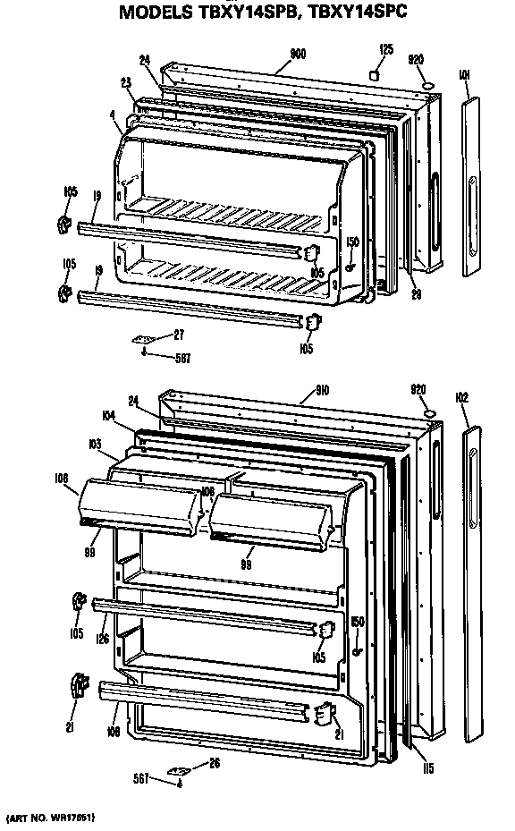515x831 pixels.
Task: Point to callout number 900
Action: [x=297, y=54]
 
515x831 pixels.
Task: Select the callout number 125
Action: [x=385, y=49]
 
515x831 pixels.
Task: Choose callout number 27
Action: [x=180, y=335]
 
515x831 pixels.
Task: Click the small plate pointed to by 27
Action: [x=146, y=339]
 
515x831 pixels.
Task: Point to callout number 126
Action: [x=104, y=638]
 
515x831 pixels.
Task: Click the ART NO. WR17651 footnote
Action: [x=52, y=818]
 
